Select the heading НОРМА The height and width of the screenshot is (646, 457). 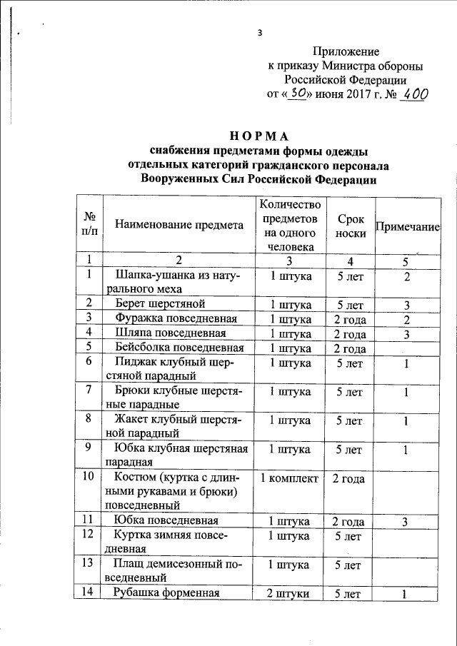click(x=258, y=136)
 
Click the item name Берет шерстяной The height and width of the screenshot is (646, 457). click(x=150, y=303)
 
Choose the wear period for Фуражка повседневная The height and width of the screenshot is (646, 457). click(x=350, y=318)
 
